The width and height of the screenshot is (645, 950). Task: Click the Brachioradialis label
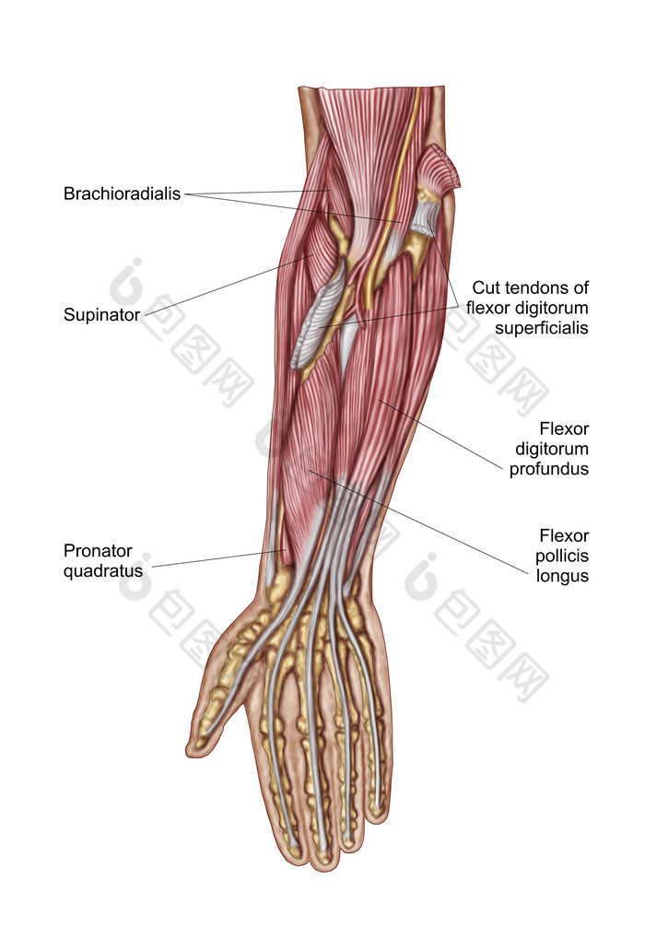[122, 194]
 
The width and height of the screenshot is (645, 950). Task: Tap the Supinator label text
[101, 315]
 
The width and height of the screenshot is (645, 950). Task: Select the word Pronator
[98, 551]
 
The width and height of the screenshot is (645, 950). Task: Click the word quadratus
[103, 570]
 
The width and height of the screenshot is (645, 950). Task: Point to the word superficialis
[542, 328]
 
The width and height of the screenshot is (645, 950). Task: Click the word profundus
[548, 469]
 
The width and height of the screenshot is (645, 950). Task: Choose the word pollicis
[562, 556]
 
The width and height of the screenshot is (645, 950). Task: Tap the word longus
[562, 576]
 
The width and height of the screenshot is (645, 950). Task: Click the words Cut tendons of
[530, 287]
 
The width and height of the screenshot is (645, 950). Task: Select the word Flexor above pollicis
[564, 535]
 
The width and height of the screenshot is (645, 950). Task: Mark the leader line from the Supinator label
[229, 285]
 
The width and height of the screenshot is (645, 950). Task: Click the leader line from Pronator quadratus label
[218, 558]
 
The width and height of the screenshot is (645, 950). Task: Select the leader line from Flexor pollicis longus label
[418, 521]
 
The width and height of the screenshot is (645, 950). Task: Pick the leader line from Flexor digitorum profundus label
[440, 434]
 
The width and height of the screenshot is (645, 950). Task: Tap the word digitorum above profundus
[552, 449]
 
